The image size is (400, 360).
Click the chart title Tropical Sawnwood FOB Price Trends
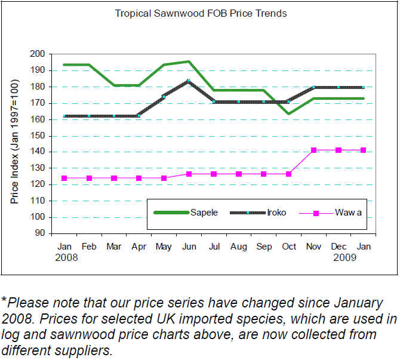click(201, 13)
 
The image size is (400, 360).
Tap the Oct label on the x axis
click(289, 246)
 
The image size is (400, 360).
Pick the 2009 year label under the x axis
click(346, 257)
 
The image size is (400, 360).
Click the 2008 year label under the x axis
click(67, 257)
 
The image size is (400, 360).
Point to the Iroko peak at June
click(188, 81)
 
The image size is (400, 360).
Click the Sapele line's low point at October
click(289, 113)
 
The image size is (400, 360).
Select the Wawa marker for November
click(314, 150)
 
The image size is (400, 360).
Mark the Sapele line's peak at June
click(188, 61)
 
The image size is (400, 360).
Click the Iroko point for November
click(314, 87)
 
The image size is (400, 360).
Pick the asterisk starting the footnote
click(4, 300)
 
